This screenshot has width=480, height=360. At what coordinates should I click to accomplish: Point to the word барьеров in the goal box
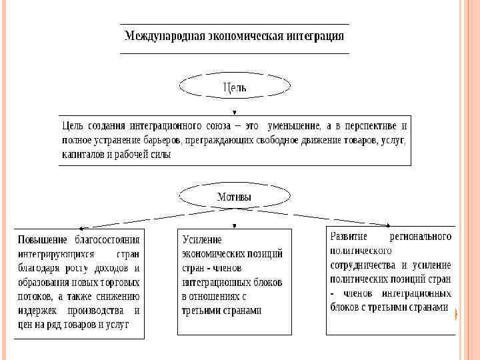[165, 140]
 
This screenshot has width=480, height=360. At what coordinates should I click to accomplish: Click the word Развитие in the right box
[351, 237]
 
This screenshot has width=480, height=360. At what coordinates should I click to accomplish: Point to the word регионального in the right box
[421, 237]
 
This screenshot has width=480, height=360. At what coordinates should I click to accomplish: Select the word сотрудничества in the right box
[363, 265]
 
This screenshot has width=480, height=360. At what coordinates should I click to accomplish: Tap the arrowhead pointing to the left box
[79, 228]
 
